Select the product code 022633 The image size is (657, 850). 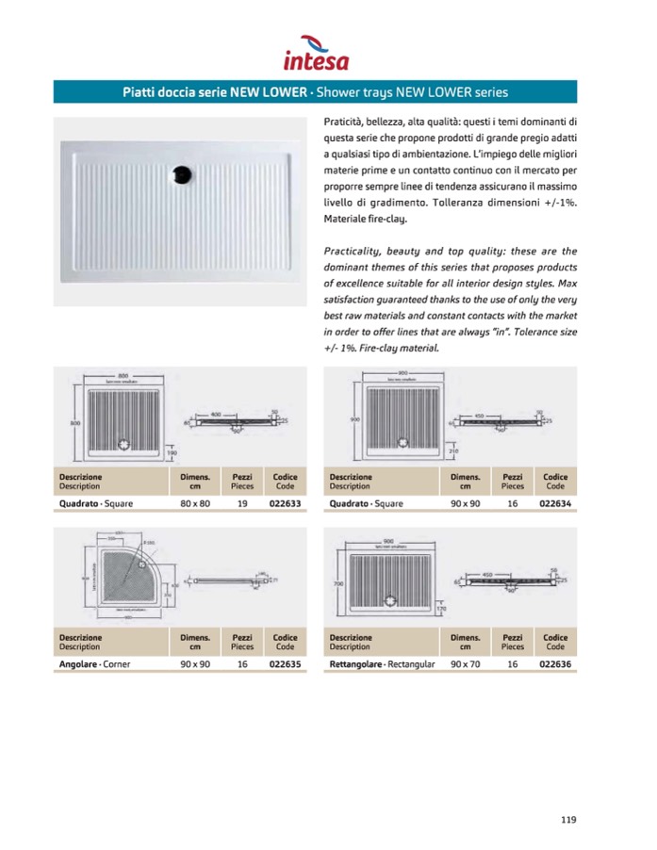285,503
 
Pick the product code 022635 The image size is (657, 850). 285,664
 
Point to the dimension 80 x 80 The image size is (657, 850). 195,503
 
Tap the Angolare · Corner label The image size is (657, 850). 95,664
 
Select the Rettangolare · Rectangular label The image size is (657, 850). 382,664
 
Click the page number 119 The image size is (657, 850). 567,819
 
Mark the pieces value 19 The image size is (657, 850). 242,503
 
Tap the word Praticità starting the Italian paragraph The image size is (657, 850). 347,122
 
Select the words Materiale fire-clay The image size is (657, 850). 365,218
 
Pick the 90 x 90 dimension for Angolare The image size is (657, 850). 195,664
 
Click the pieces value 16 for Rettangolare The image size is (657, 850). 513,664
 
